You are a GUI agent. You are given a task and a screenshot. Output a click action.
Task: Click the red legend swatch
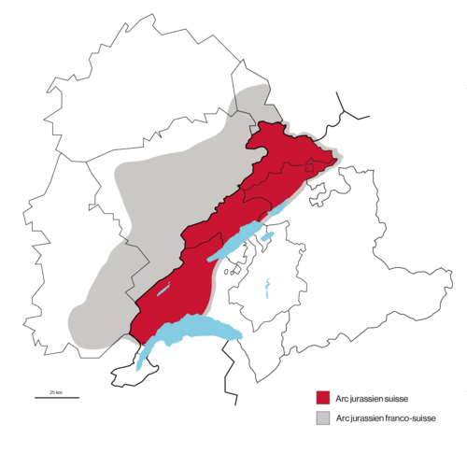click(x=323, y=397)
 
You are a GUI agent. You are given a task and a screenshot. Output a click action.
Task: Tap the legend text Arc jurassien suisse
click(x=371, y=398)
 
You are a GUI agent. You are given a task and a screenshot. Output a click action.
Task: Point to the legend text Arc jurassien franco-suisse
click(x=386, y=417)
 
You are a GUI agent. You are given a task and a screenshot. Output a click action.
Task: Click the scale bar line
click(x=57, y=397)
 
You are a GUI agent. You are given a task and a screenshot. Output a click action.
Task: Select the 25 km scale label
click(x=56, y=390)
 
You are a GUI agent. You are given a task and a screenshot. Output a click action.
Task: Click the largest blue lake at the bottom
click(x=191, y=329)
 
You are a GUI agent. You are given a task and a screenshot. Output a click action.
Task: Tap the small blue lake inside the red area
click(x=164, y=290)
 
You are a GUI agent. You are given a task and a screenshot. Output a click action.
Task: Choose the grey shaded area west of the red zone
click(x=131, y=233)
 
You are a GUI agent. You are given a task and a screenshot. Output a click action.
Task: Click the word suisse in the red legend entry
click(x=396, y=398)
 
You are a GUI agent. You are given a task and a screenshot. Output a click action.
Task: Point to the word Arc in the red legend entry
click(x=342, y=398)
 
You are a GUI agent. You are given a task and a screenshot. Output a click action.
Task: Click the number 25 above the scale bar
click(x=52, y=390)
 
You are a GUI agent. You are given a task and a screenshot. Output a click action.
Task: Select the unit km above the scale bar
click(x=60, y=390)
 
